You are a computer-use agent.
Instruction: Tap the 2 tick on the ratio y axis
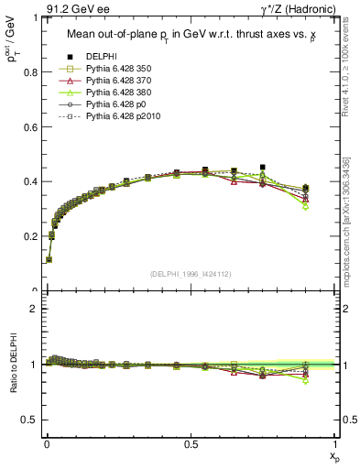click(42, 309)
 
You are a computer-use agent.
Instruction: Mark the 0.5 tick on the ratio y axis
click(42, 420)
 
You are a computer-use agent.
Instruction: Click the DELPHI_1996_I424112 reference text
click(190, 275)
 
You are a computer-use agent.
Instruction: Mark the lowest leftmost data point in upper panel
click(49, 259)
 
